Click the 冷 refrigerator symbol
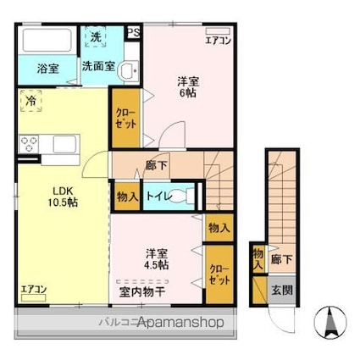pyautogui.click(x=30, y=100)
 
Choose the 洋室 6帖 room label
pyautogui.click(x=188, y=87)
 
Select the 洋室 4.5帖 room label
pyautogui.click(x=156, y=258)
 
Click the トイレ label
pyautogui.click(x=159, y=197)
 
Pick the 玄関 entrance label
pyautogui.click(x=279, y=289)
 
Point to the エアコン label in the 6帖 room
pyautogui.click(x=219, y=39)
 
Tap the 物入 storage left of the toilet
pyautogui.click(x=127, y=197)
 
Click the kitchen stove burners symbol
pyautogui.click(x=29, y=141)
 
